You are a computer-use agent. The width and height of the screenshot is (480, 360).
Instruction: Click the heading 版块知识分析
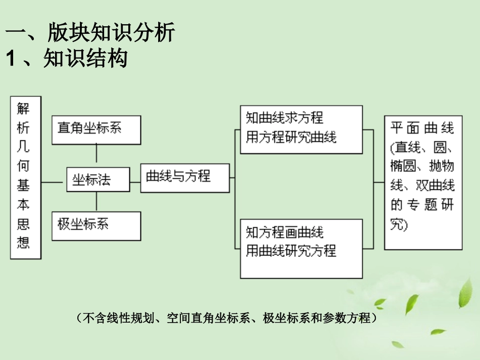111,33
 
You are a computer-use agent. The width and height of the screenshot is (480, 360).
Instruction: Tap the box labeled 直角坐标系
96,129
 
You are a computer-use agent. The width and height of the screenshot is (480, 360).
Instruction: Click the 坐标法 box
98,179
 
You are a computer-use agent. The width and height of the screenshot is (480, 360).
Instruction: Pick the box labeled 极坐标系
96,225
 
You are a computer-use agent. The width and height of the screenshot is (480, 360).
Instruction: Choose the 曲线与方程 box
185,177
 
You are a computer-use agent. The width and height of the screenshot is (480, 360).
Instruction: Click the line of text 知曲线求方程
284,119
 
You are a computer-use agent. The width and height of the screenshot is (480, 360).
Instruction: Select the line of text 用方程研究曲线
291,137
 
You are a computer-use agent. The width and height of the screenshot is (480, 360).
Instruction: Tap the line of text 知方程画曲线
284,233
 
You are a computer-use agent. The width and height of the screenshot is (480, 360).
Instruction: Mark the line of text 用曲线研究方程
291,251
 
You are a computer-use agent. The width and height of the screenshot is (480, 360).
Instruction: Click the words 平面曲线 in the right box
422,128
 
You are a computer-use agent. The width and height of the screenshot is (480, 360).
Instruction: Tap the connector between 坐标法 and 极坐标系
96,201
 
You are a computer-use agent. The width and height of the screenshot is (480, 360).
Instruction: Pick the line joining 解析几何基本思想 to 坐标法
54,182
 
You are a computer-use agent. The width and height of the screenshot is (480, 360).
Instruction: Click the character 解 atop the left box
23,108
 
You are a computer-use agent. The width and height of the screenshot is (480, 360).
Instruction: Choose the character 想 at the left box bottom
23,242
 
